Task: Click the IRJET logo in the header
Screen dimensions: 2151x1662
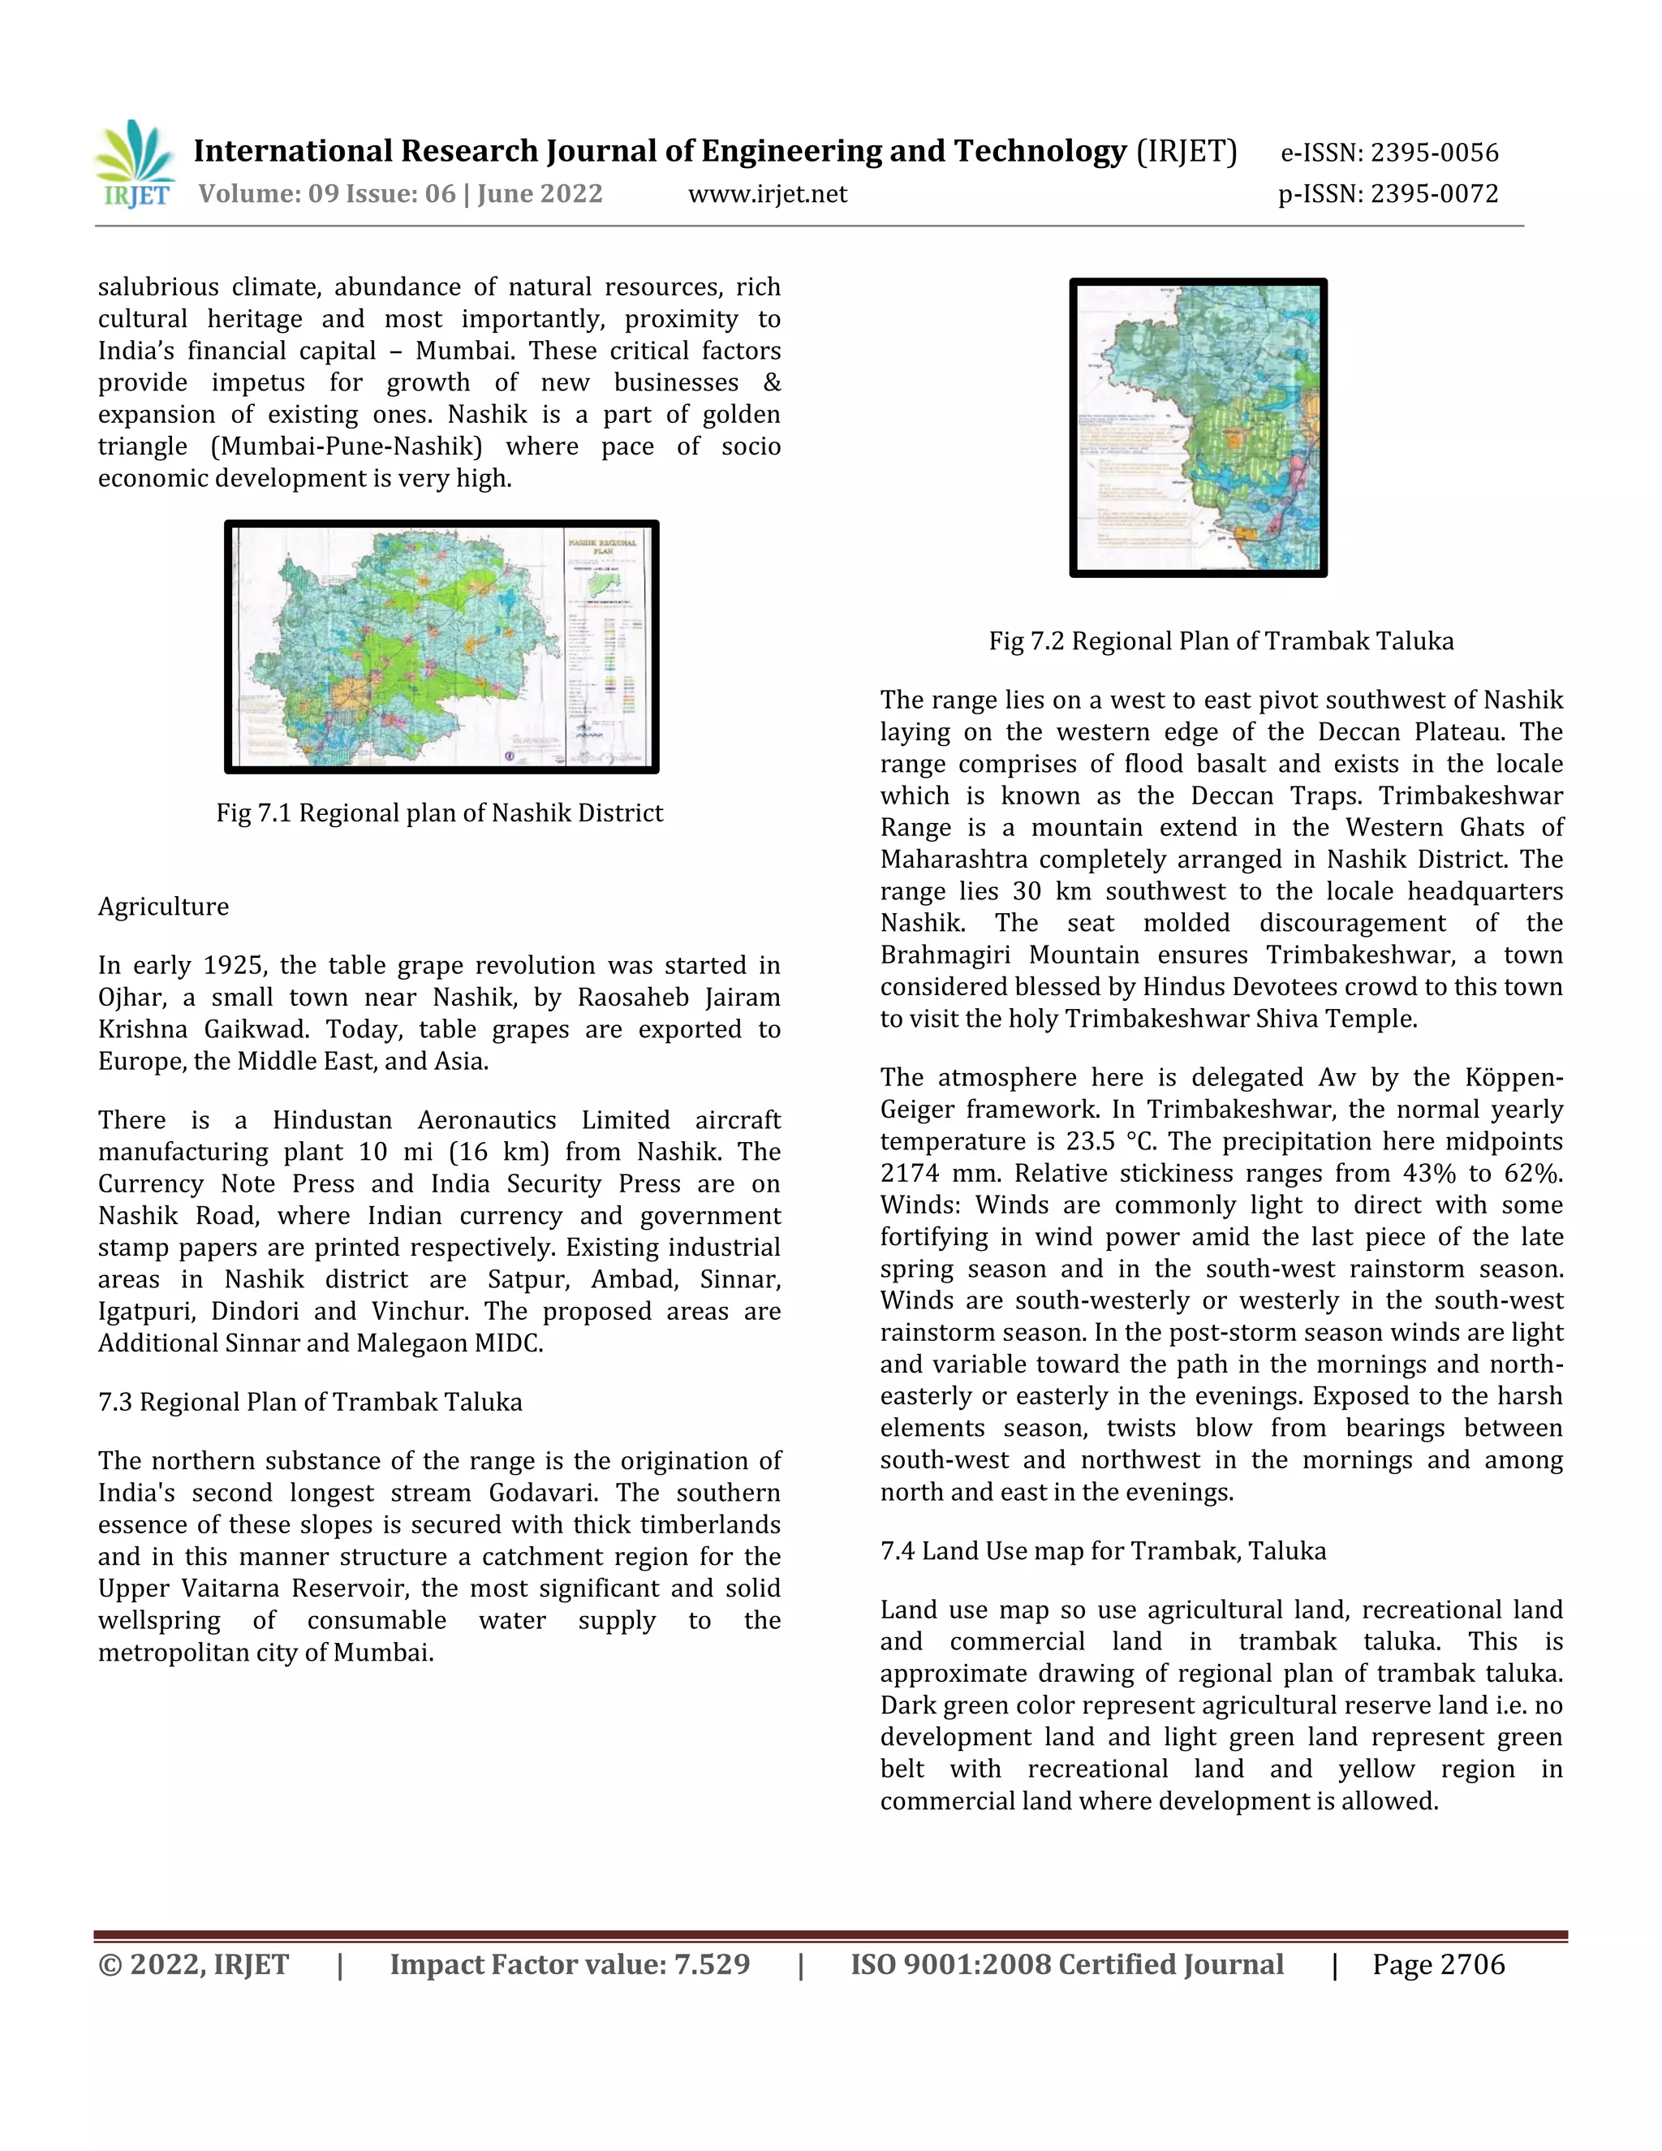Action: click(x=136, y=165)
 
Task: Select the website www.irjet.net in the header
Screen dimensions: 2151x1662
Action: click(x=767, y=194)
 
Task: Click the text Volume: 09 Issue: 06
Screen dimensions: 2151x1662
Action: click(x=327, y=194)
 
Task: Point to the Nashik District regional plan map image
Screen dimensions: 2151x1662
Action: click(x=441, y=647)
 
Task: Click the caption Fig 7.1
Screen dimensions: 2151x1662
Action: click(x=439, y=813)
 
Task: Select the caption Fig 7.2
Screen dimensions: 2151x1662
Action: click(x=1221, y=641)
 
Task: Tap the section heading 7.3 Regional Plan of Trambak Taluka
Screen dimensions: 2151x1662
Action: click(x=310, y=1403)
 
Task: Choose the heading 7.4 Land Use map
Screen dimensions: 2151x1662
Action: click(x=1103, y=1551)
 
